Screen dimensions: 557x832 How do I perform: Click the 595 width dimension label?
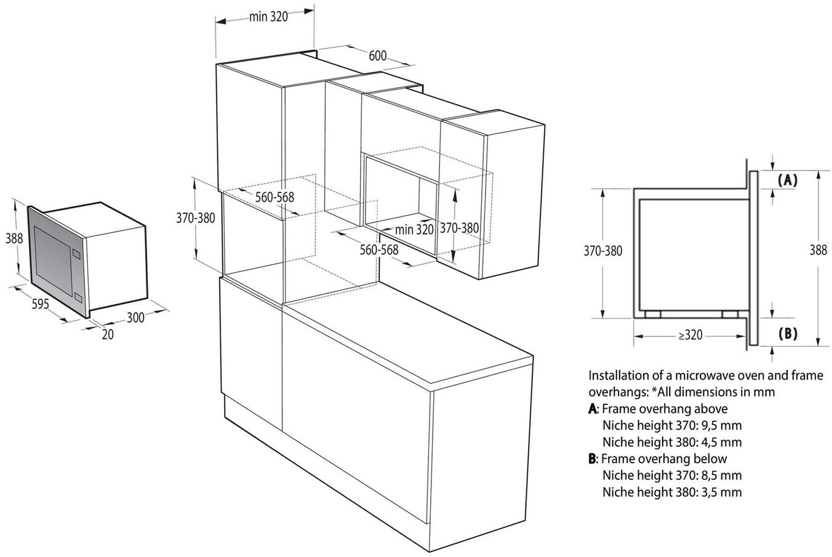(40, 303)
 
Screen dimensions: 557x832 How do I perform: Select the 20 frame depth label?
(108, 335)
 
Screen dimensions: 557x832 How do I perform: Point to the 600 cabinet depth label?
(377, 56)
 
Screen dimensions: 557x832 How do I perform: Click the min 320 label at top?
(268, 17)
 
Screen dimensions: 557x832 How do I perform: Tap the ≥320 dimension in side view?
(690, 335)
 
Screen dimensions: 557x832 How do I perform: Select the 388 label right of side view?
(818, 250)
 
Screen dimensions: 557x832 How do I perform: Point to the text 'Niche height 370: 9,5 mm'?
(672, 425)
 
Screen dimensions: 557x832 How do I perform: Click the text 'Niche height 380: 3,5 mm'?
(672, 492)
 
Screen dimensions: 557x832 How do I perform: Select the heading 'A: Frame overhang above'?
(658, 409)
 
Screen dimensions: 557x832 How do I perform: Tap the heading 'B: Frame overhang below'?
(658, 458)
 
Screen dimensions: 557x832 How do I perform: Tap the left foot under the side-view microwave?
(653, 314)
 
